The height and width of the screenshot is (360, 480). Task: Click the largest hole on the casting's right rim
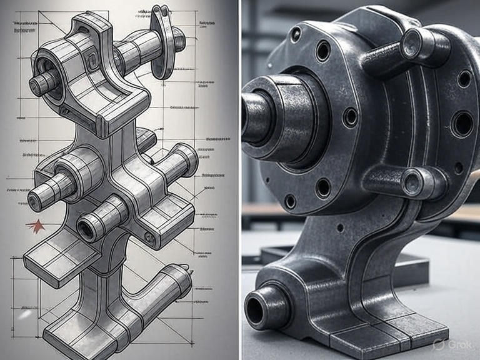click(x=462, y=123)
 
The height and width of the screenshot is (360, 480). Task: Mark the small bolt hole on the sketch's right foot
click(x=148, y=237)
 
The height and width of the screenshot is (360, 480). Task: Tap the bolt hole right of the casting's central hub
click(x=351, y=117)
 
